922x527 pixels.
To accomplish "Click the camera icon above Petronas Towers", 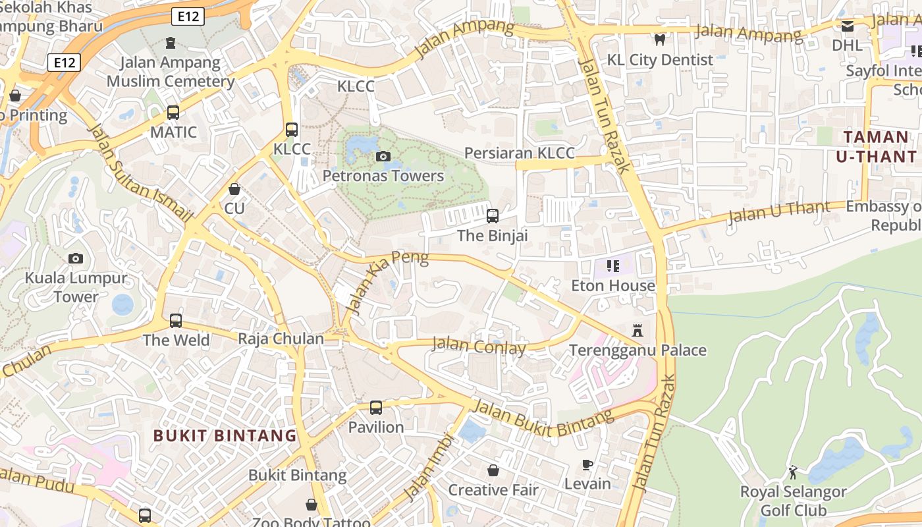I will [383, 156].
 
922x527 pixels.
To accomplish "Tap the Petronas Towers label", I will [383, 176].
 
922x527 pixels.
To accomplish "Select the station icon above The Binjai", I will [492, 216].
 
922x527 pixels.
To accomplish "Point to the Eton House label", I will [612, 285].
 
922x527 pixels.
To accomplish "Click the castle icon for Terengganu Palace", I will [637, 330].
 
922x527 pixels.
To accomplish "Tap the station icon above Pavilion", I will [375, 408].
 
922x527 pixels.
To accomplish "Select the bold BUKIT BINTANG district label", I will [225, 435].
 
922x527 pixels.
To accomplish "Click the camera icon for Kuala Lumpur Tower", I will [76, 259].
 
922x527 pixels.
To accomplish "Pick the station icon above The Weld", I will [176, 321].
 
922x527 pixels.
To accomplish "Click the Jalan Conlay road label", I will [479, 346].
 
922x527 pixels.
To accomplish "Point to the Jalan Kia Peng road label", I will [387, 281].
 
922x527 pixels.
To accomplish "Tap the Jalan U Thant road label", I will [779, 213].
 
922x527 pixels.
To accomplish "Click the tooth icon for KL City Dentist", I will [660, 40].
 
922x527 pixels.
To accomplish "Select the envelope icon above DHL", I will [847, 26].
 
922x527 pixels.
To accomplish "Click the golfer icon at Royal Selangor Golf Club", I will [793, 472].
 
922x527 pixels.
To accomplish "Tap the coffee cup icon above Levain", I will [587, 465].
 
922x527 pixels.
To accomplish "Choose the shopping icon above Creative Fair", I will [493, 470].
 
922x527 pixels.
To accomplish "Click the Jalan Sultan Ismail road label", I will [140, 173].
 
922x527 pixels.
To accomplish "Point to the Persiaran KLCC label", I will [519, 153].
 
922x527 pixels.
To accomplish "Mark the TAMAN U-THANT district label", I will [876, 146].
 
